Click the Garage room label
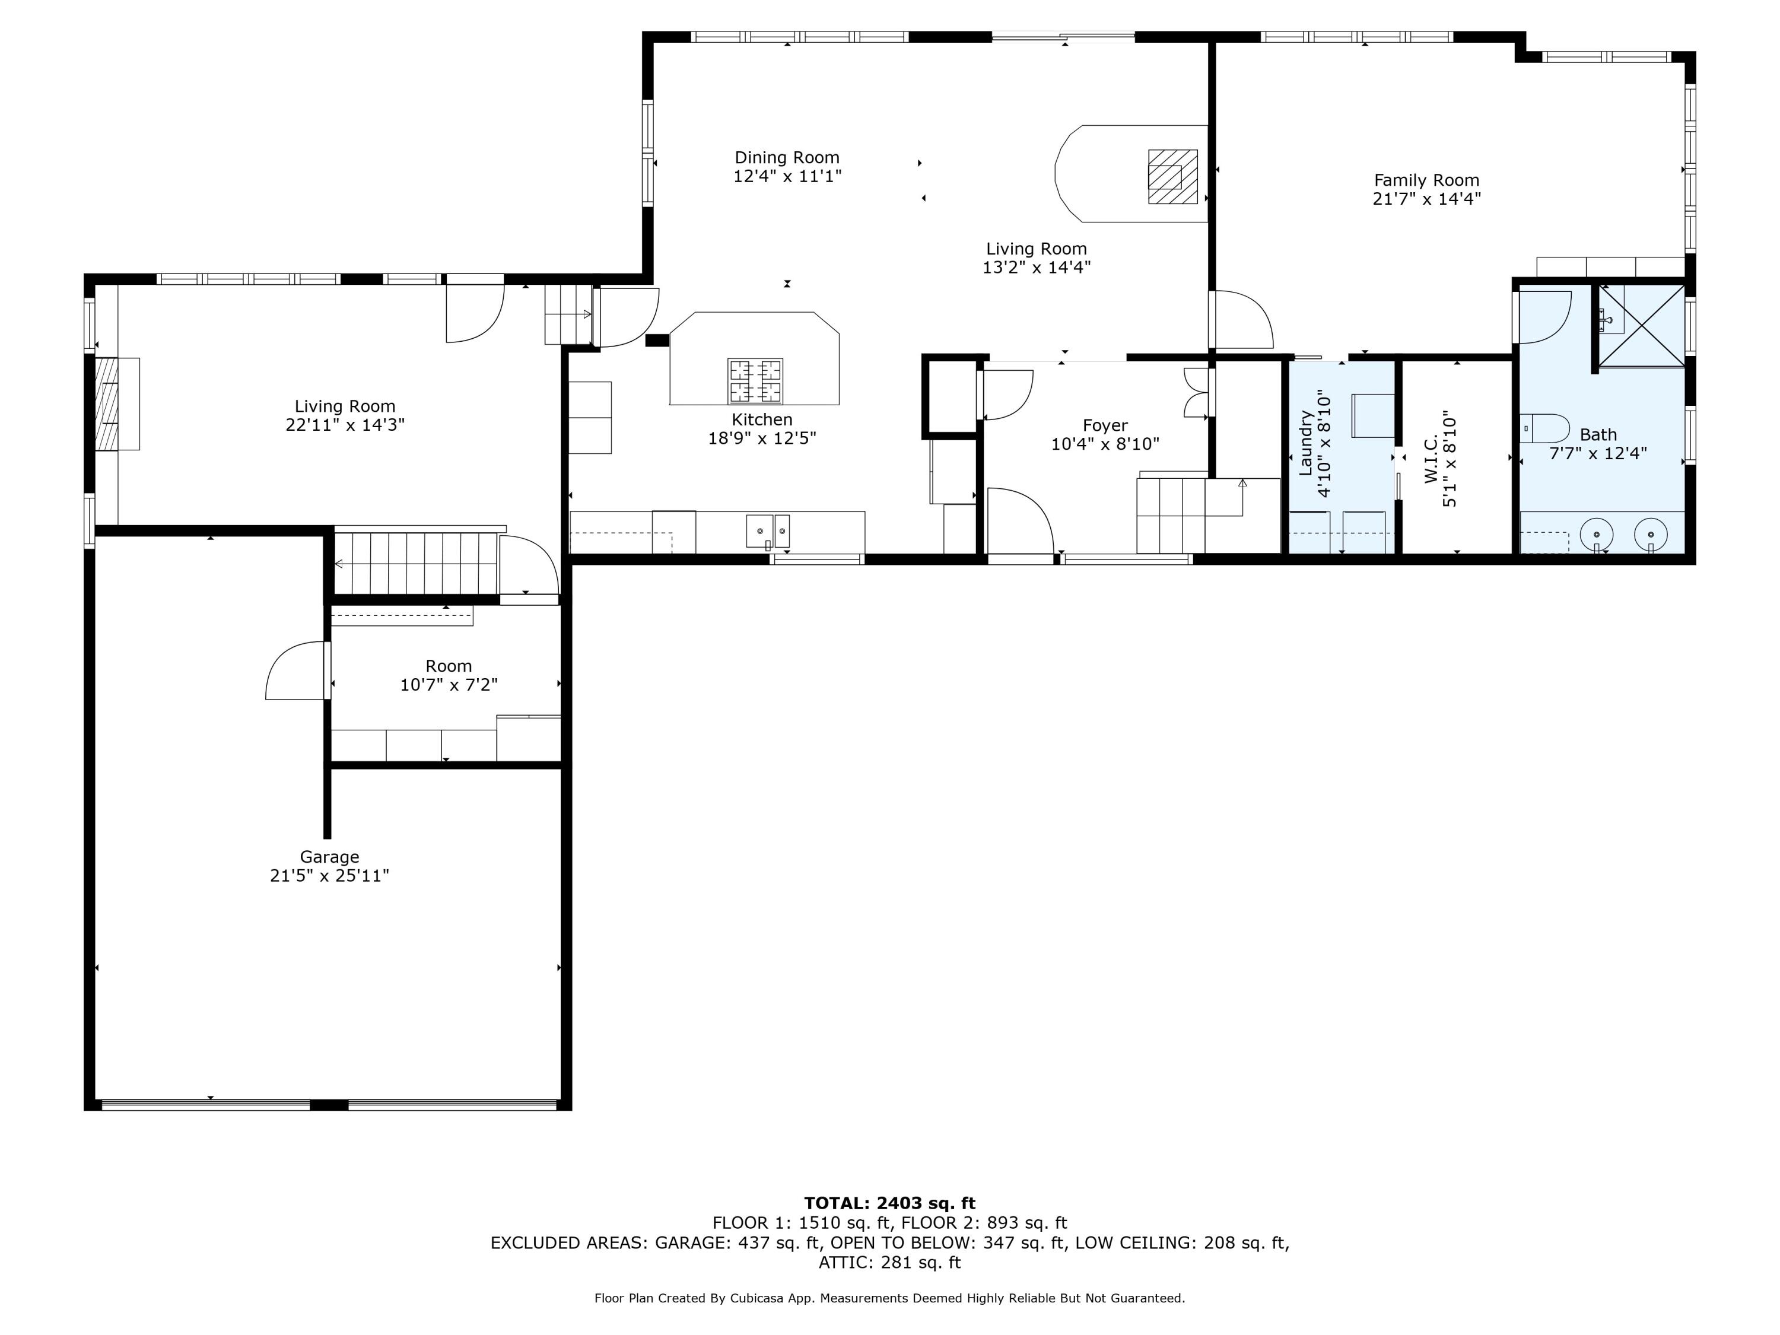[x=329, y=857]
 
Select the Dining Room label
[x=786, y=158]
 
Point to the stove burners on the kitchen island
[x=755, y=381]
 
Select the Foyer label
[x=1105, y=425]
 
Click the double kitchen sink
[x=768, y=531]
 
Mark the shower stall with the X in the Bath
[x=1641, y=325]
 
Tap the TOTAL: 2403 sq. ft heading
[x=889, y=1203]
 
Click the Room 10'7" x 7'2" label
[x=448, y=675]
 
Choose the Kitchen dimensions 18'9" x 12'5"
[x=761, y=438]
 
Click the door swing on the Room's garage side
[x=296, y=670]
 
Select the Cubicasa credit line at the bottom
[x=889, y=1298]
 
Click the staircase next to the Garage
[x=415, y=562]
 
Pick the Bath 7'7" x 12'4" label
[x=1597, y=444]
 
